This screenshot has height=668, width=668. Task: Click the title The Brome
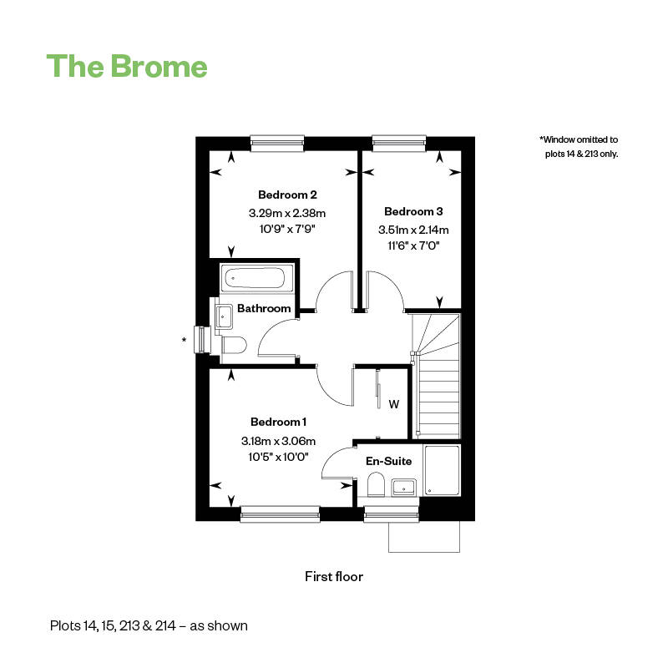(x=127, y=66)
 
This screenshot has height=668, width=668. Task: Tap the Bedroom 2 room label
(x=287, y=195)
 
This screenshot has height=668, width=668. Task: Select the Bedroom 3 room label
(x=413, y=211)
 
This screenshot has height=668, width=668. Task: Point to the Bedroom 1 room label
(x=279, y=422)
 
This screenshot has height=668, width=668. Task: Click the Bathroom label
(x=264, y=308)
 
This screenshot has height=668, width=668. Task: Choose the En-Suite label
(x=389, y=461)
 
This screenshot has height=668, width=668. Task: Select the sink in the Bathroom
(x=224, y=316)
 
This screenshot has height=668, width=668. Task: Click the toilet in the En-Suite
(x=377, y=484)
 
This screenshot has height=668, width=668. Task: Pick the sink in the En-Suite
(x=404, y=487)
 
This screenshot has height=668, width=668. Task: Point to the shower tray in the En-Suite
(x=443, y=470)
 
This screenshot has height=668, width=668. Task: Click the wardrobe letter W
(x=394, y=404)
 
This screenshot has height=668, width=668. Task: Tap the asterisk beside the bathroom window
(x=184, y=340)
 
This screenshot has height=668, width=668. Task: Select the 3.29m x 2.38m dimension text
(x=287, y=213)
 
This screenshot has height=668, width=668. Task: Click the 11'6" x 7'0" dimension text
(x=413, y=245)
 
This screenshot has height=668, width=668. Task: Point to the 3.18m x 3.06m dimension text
(x=279, y=441)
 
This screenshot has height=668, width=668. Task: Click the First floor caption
(x=334, y=576)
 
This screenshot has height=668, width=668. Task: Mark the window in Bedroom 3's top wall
(x=399, y=143)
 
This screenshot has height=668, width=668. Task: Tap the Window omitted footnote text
(x=579, y=147)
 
